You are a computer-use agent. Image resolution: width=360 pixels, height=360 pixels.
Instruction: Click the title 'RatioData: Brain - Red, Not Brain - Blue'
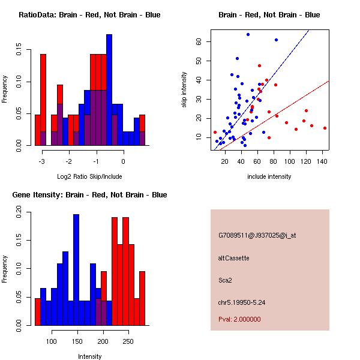coord(89,15)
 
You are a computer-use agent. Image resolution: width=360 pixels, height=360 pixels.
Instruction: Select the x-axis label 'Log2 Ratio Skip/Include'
coord(89,176)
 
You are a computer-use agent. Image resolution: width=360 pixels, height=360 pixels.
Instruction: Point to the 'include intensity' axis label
coord(269,176)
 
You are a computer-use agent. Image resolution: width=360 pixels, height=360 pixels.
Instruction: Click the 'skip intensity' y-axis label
coord(184,89)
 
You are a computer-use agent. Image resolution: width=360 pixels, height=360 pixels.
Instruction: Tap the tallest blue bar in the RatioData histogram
coord(109,90)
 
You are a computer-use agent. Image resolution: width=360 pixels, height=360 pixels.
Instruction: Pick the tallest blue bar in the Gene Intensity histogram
coord(76,270)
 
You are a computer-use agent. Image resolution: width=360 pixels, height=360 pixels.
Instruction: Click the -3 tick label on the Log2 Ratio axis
coord(42,161)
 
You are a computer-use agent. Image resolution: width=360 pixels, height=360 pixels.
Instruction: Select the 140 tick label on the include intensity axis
coord(322,161)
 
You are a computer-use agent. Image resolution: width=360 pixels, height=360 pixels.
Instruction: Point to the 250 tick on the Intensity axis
coord(128,341)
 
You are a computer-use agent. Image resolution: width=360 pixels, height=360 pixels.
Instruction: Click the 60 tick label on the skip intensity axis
coord(199,41)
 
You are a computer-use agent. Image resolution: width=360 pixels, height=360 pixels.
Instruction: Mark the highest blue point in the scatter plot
coord(248,34)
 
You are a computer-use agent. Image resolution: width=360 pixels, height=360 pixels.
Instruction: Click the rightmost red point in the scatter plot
coord(325,128)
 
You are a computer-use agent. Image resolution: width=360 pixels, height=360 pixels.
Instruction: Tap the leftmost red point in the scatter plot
coord(215,132)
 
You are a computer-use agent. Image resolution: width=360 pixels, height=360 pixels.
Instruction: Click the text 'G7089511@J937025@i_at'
coord(257,235)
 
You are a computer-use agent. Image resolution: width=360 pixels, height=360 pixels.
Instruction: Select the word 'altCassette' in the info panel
coord(234,258)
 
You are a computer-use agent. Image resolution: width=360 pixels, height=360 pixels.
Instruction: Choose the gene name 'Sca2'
coord(225,280)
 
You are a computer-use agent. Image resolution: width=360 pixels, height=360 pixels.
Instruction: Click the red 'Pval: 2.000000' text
coord(239,319)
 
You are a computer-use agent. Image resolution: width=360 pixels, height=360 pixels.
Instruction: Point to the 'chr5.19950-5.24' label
coord(242,302)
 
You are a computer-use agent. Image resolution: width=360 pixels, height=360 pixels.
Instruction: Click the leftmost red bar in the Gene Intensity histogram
coord(38,312)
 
